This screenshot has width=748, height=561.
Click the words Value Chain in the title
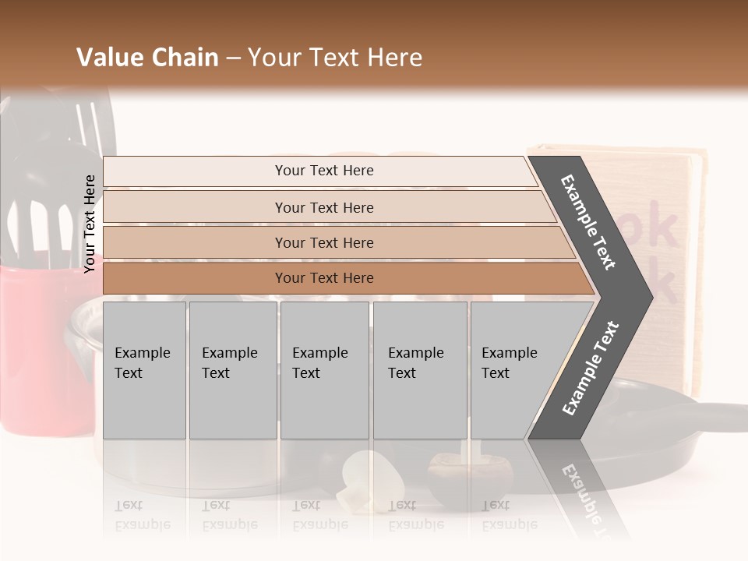[147, 58]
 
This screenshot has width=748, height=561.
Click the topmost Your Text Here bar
[324, 171]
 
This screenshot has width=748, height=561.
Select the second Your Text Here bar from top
[324, 207]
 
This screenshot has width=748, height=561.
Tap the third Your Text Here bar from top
[324, 242]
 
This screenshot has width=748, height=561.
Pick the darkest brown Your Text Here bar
[324, 278]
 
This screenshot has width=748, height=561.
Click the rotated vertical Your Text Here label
[90, 224]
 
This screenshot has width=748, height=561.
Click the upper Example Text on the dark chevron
[589, 222]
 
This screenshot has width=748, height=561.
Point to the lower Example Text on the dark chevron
[591, 368]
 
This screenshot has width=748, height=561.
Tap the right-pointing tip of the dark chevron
[648, 297]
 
